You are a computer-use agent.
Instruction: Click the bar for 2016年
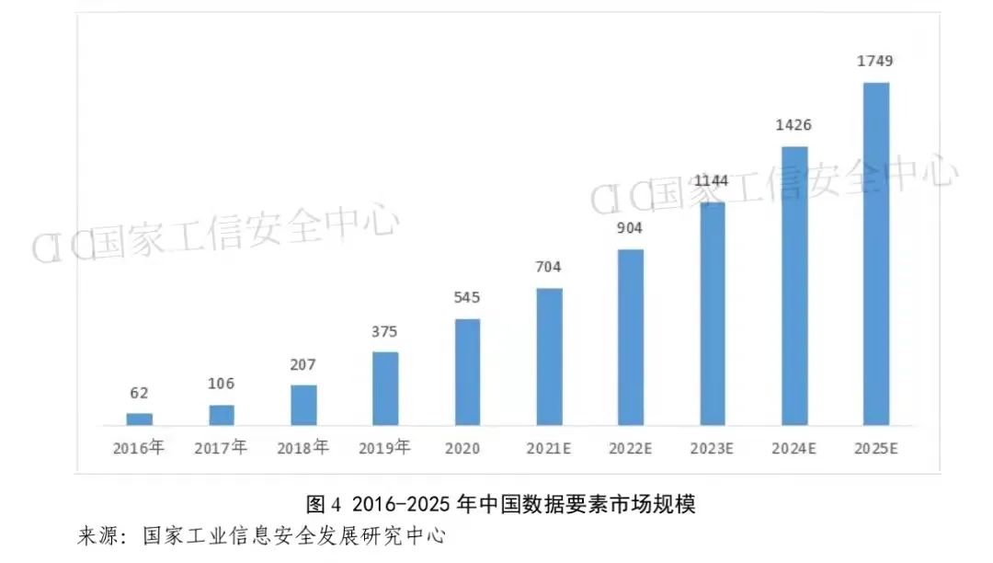pyautogui.click(x=140, y=419)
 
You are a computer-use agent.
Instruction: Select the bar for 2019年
pyautogui.click(x=385, y=389)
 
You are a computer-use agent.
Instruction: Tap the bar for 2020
pyautogui.click(x=467, y=373)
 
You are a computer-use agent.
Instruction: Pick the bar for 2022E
pyautogui.click(x=631, y=338)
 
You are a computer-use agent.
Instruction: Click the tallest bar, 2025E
pyautogui.click(x=876, y=255)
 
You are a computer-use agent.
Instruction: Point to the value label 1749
pyautogui.click(x=874, y=62)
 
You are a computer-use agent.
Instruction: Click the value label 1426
pyautogui.click(x=793, y=125)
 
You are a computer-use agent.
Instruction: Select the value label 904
pyautogui.click(x=630, y=228)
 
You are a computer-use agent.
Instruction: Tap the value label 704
pyautogui.click(x=549, y=267)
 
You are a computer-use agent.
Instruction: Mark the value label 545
pyautogui.click(x=467, y=298)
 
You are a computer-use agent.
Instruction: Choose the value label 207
pyautogui.click(x=303, y=364)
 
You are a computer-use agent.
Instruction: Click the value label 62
pyautogui.click(x=140, y=393)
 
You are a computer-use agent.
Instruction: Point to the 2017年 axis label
pyautogui.click(x=221, y=449)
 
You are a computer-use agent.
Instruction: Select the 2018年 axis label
pyautogui.click(x=302, y=449)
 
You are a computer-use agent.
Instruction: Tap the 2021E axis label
pyautogui.click(x=549, y=449)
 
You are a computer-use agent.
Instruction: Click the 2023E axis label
pyautogui.click(x=712, y=449)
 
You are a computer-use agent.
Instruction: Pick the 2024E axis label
pyautogui.click(x=793, y=449)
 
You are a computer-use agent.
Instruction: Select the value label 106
pyautogui.click(x=221, y=384)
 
